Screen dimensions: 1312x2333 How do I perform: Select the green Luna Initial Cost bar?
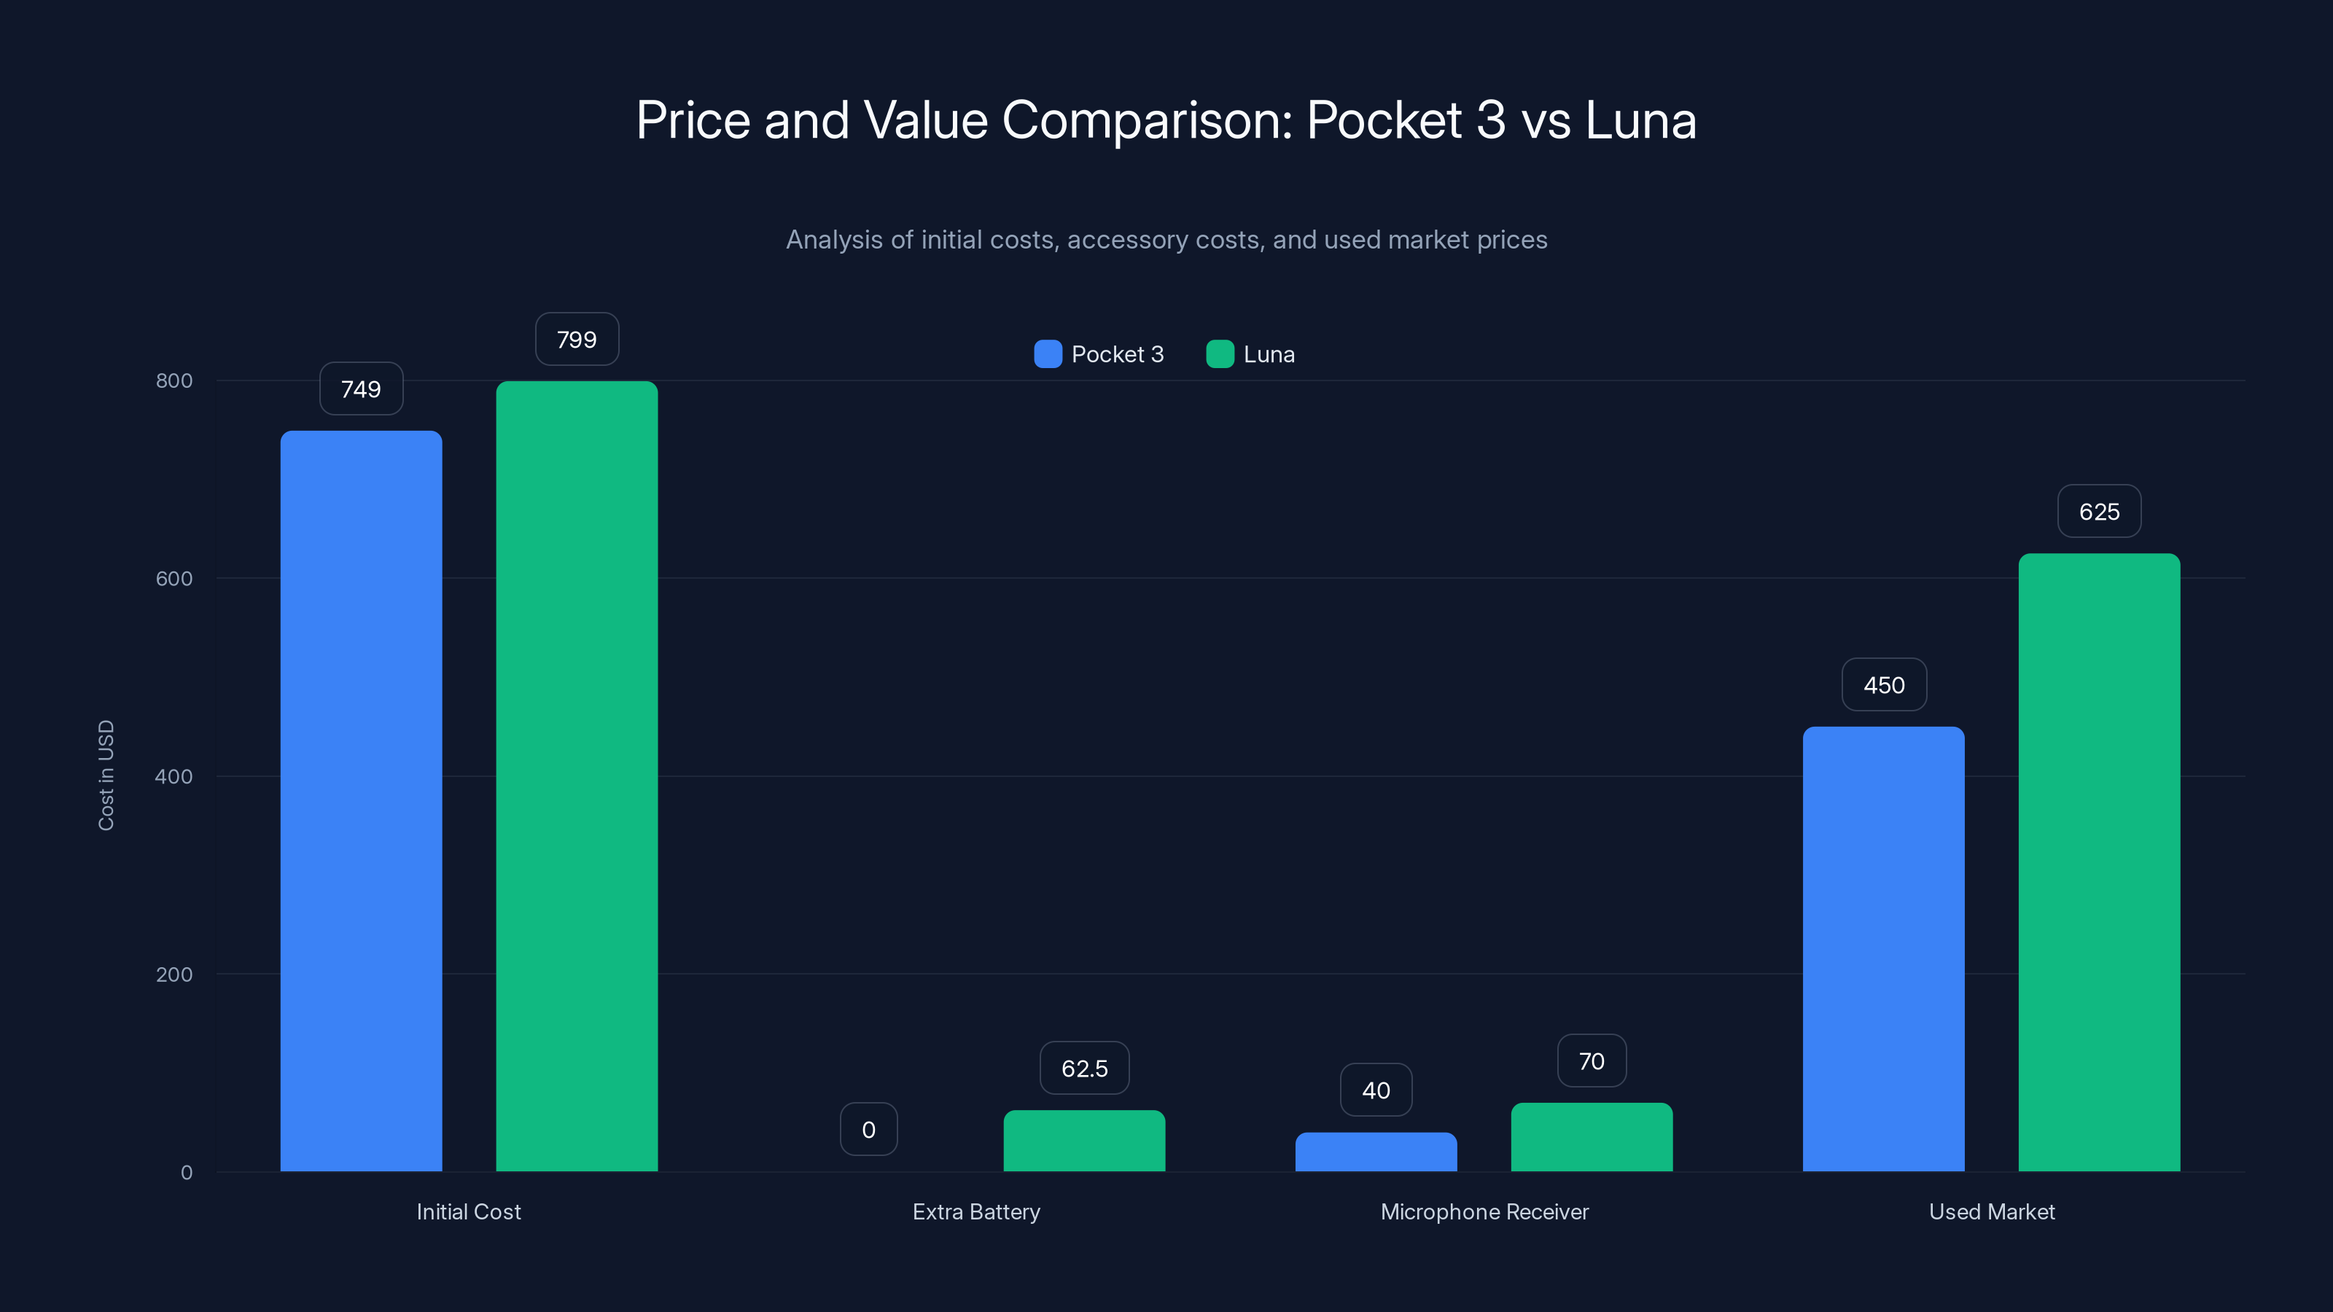pos(576,776)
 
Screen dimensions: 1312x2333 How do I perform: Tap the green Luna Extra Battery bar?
pos(1084,1141)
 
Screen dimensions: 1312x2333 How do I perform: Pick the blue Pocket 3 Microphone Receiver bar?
pos(1376,1152)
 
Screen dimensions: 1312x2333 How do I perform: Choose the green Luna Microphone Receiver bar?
pos(1592,1137)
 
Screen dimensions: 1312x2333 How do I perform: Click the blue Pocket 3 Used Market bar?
pos(1883,949)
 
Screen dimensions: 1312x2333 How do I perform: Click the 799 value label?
pos(576,340)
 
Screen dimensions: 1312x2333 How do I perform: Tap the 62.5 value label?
pos(1084,1069)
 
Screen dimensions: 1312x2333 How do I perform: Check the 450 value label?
pos(1883,685)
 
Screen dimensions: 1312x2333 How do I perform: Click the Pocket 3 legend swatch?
pos(1047,354)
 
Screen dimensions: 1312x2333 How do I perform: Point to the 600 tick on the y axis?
pos(174,579)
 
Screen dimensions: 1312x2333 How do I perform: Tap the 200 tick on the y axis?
pos(174,975)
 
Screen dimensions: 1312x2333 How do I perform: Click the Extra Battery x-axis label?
pos(976,1211)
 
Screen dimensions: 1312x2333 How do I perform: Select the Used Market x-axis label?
pos(1992,1211)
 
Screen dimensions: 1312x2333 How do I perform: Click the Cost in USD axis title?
pos(106,775)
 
